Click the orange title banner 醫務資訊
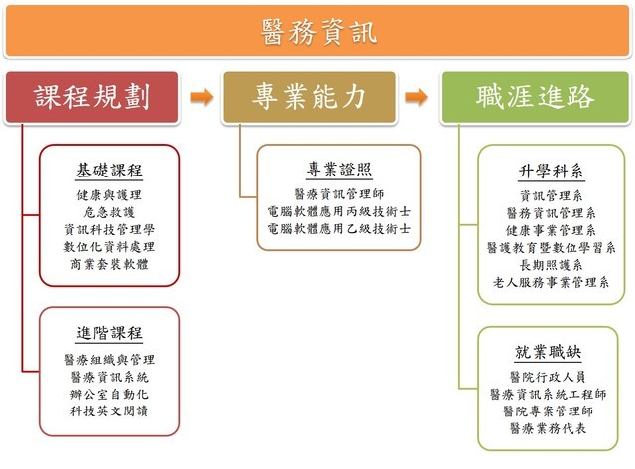[317, 30]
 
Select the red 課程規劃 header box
[91, 97]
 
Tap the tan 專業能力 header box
[310, 97]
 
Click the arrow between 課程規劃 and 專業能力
[201, 97]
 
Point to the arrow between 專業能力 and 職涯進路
[420, 97]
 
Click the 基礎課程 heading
[110, 171]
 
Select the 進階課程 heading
[110, 333]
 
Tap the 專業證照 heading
[339, 170]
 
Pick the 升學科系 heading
[552, 172]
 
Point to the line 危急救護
[110, 212]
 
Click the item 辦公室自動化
[110, 394]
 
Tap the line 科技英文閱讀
[110, 410]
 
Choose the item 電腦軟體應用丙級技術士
[339, 211]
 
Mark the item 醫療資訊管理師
[339, 194]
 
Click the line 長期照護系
[551, 265]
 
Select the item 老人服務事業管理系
[551, 282]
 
